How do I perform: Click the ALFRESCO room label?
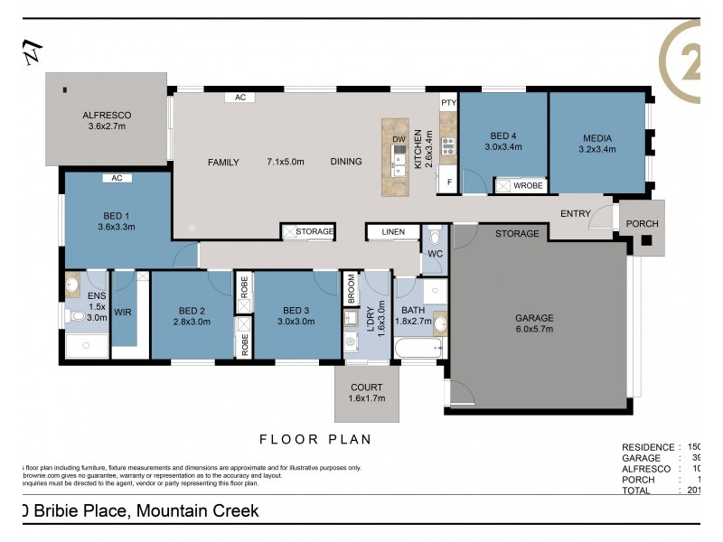point(108,116)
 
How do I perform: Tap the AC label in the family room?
point(240,97)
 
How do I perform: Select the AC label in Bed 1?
point(117,178)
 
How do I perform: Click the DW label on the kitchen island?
point(399,138)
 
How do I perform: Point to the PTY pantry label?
point(448,103)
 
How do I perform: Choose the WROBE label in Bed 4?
point(527,186)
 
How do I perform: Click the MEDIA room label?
point(597,138)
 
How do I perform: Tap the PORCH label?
point(642,224)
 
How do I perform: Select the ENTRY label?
point(575,213)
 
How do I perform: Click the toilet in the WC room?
point(435,238)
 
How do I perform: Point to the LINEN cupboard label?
point(393,232)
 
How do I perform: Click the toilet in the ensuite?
point(75,316)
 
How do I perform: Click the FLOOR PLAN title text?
point(315,440)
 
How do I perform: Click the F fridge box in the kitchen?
point(449,182)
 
